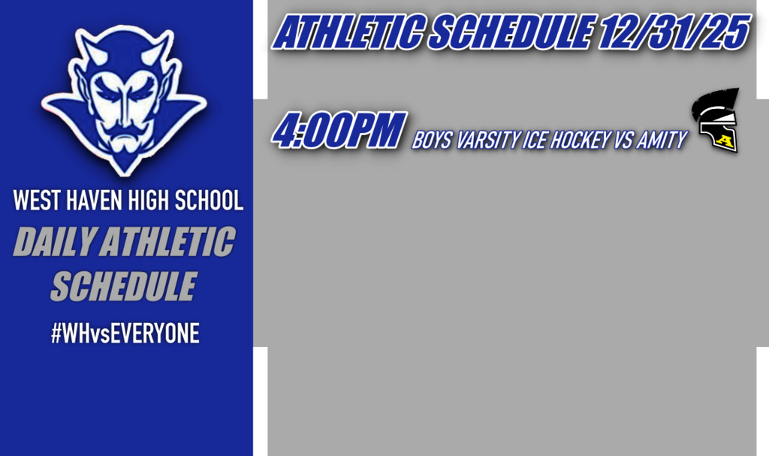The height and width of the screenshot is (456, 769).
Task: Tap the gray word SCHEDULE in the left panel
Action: (123, 286)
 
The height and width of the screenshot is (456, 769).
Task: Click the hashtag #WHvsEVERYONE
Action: (125, 334)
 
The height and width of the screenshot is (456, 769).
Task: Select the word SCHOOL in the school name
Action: (210, 201)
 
